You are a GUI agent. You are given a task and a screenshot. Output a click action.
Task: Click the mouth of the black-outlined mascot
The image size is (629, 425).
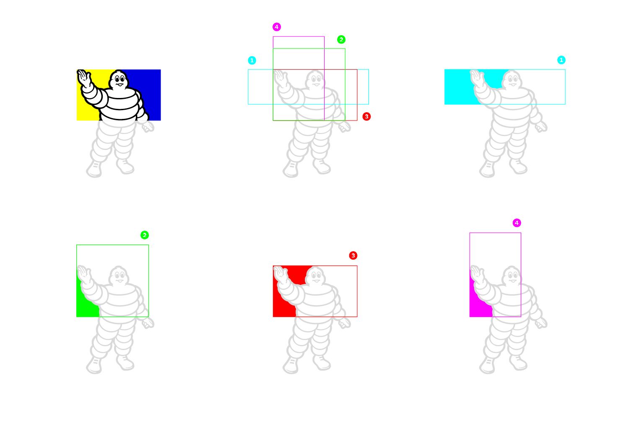pyautogui.click(x=120, y=85)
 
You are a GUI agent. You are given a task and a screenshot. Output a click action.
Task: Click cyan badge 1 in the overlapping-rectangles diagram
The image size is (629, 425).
pyautogui.click(x=252, y=60)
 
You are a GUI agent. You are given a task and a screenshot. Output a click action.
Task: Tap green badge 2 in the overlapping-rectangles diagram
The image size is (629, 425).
pyautogui.click(x=341, y=39)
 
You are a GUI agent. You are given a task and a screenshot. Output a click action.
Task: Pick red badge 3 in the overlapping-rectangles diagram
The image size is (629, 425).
pyautogui.click(x=366, y=116)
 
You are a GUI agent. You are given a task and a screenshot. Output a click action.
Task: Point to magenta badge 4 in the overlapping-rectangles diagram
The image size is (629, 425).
pyautogui.click(x=277, y=27)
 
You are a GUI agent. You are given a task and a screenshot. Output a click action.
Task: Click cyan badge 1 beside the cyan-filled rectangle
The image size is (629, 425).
pyautogui.click(x=561, y=60)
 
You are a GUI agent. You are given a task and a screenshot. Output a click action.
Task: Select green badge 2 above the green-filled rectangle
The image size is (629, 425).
pyautogui.click(x=145, y=235)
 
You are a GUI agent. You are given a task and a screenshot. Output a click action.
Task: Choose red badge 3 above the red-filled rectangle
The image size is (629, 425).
pyautogui.click(x=353, y=255)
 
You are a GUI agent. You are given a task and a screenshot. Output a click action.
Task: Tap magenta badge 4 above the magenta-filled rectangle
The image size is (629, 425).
pyautogui.click(x=517, y=223)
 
